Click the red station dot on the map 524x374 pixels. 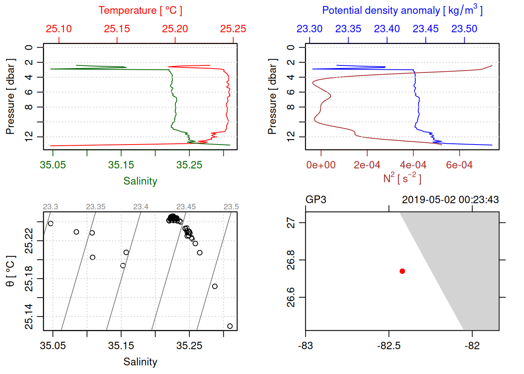click(x=402, y=271)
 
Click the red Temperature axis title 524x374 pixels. click(x=140, y=11)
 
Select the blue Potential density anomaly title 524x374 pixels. click(x=402, y=10)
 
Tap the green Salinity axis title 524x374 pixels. click(x=140, y=181)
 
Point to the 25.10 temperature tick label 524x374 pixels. click(x=59, y=29)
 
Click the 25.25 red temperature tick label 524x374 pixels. click(x=233, y=29)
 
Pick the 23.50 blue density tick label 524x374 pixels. click(x=464, y=29)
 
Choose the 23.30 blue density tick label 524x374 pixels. click(x=310, y=29)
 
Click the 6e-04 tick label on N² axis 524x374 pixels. click(x=459, y=165)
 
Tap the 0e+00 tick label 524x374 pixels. click(x=321, y=165)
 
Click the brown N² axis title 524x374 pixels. click(x=402, y=178)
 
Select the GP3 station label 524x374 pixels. click(x=316, y=200)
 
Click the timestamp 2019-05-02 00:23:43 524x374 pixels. click(x=450, y=200)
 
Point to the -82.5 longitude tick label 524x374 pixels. click(x=389, y=346)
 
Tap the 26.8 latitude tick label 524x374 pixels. click(x=291, y=260)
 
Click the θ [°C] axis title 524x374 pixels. click(x=11, y=271)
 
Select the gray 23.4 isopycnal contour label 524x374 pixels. click(x=141, y=207)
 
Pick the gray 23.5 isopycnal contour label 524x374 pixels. click(x=231, y=207)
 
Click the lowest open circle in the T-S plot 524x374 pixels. click(x=230, y=326)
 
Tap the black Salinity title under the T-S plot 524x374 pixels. click(x=140, y=362)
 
